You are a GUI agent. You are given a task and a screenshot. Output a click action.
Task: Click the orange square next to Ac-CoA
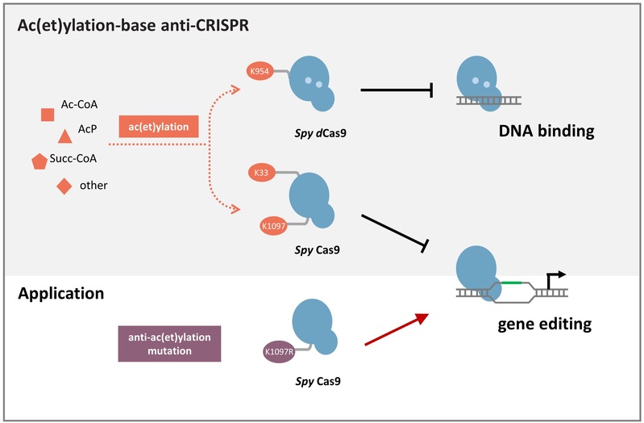coord(48,115)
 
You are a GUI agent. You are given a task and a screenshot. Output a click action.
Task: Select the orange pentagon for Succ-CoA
coord(39,161)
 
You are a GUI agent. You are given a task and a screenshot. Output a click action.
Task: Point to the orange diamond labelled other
coord(64,186)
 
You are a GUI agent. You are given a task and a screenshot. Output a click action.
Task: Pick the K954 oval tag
coord(260,72)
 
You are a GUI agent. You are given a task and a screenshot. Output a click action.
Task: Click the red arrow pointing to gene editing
coord(394,331)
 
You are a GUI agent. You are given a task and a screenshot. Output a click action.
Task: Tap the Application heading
coord(60,293)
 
